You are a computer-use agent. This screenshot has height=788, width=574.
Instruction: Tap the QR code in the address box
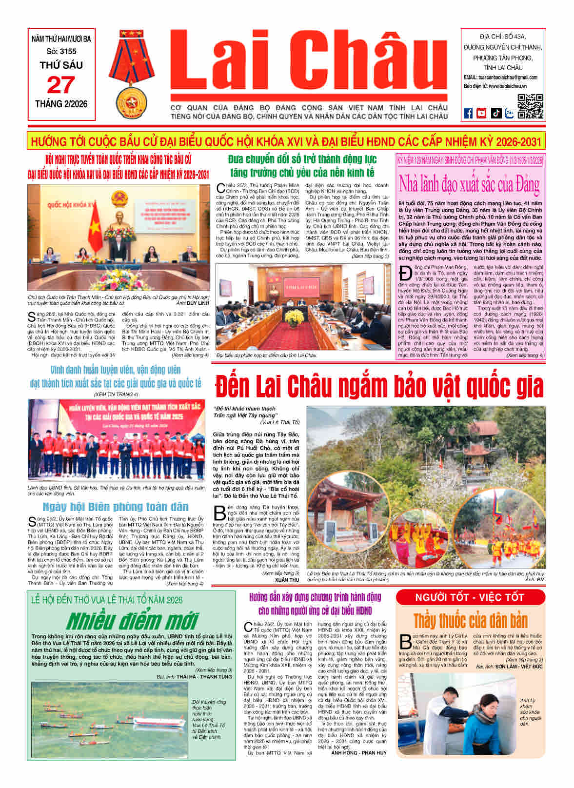(x=530, y=106)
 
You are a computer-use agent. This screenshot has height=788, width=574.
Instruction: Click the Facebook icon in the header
(x=468, y=113)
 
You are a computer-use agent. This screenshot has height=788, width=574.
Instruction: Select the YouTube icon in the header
(x=481, y=113)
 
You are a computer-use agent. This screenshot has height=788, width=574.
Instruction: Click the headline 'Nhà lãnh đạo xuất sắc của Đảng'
(x=469, y=184)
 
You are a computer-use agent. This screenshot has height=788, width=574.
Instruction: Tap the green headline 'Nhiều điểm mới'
(x=132, y=621)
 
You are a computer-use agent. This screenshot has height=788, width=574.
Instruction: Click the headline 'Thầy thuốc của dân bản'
(x=470, y=621)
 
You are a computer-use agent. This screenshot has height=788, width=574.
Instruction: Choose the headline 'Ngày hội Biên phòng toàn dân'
(x=115, y=507)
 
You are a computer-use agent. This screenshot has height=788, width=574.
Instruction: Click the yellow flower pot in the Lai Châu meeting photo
(x=294, y=318)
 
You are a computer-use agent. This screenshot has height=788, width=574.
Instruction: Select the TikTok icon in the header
(x=495, y=113)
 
